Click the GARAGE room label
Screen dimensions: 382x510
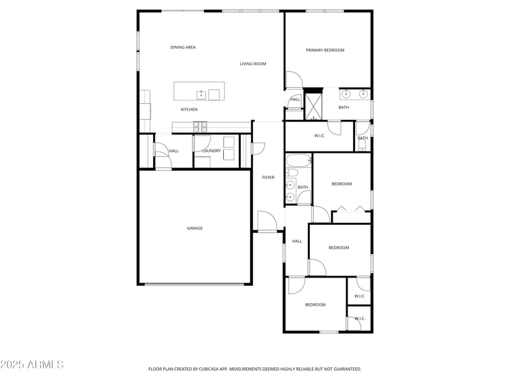(194, 228)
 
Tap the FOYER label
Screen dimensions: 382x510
(268, 177)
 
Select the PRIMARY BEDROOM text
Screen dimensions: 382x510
(325, 50)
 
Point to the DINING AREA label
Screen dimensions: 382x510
(183, 47)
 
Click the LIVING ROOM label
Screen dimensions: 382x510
(253, 64)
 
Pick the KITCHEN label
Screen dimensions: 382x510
(189, 110)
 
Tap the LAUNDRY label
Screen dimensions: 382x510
(212, 151)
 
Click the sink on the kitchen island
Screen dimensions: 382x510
(201, 95)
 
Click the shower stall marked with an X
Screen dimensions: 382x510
(314, 106)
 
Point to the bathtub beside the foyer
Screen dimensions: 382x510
(298, 161)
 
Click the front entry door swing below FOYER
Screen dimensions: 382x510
(267, 221)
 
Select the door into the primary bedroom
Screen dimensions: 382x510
(293, 80)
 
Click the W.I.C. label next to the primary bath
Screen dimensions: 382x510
(320, 135)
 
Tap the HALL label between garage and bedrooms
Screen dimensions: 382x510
(297, 241)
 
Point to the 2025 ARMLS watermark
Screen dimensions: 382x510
(32, 365)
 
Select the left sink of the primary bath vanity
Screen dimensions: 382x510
(346, 95)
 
